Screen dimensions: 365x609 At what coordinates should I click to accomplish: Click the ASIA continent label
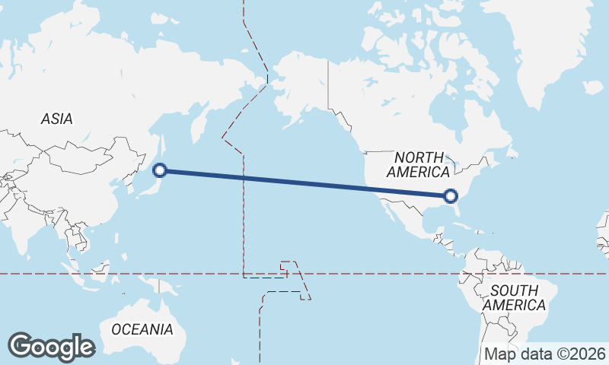[x=57, y=119]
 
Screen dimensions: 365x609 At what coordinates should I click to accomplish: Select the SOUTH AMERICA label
[x=515, y=297]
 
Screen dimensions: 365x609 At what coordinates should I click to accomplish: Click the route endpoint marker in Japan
[x=160, y=170]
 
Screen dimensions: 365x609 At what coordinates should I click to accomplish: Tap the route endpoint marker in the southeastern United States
[x=451, y=196]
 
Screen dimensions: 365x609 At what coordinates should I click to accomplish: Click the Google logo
[x=51, y=347]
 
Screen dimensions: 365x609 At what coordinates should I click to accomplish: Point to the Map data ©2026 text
[x=545, y=354]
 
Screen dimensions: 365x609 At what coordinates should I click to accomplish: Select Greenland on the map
[x=556, y=46]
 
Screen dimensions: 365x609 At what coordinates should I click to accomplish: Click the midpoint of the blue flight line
[x=305, y=183]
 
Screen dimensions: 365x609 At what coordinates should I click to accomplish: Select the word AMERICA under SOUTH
[x=515, y=305]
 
